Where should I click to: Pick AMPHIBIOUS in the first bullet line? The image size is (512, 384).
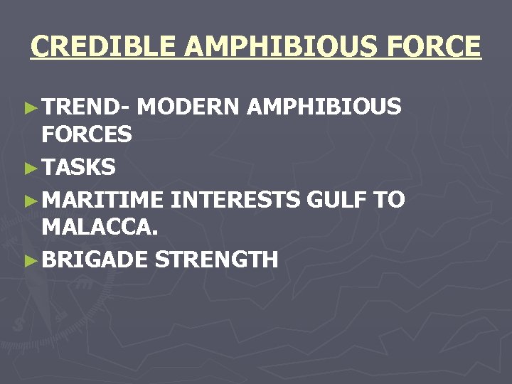point(324,107)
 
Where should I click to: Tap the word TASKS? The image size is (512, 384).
point(78,168)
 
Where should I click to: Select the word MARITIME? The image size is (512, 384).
point(102,200)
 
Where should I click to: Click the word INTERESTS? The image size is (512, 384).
point(235,200)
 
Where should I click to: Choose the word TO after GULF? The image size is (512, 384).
point(390,200)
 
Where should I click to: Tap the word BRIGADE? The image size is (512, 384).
point(95,260)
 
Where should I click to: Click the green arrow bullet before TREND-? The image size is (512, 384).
point(29,108)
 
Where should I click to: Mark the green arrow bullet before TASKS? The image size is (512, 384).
point(29,169)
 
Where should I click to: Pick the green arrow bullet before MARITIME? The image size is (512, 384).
point(29,201)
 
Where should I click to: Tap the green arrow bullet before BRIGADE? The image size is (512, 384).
point(29,260)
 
